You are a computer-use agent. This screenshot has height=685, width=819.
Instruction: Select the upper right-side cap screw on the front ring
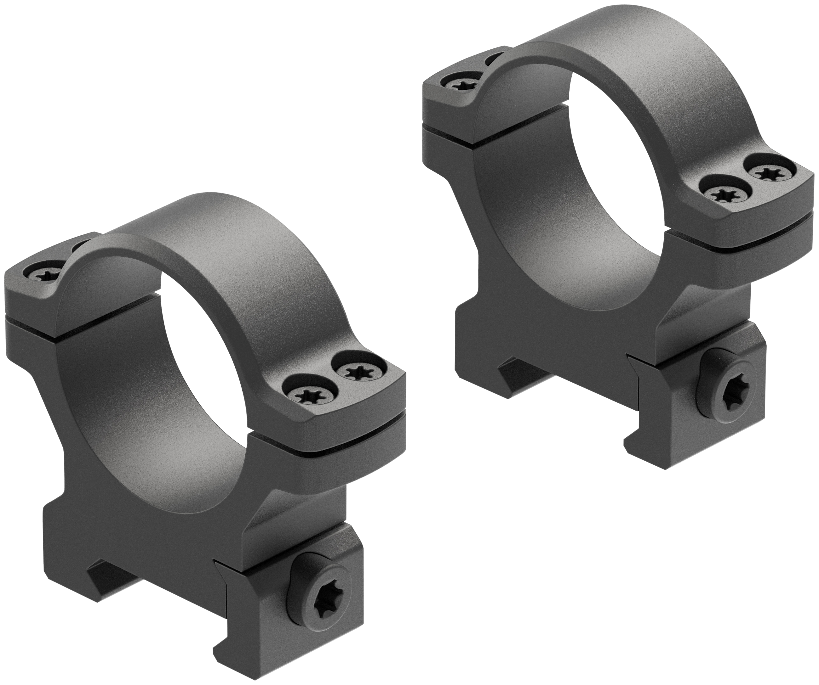pos(357,370)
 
